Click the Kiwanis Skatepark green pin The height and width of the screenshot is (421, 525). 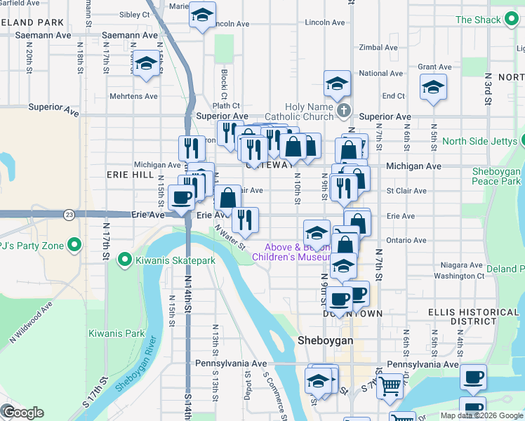tap(126, 260)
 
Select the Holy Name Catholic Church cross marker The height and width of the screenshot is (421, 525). tap(343, 111)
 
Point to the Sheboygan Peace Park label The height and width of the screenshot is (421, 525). tap(496, 176)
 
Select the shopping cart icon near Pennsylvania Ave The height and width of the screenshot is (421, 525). tap(390, 385)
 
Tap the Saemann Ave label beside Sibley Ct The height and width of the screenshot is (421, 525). tap(130, 34)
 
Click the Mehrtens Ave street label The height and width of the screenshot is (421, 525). tap(133, 96)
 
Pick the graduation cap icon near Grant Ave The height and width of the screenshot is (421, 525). tap(433, 88)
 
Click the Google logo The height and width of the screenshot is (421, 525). tap(23, 413)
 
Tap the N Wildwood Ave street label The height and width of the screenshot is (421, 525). tap(32, 322)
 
